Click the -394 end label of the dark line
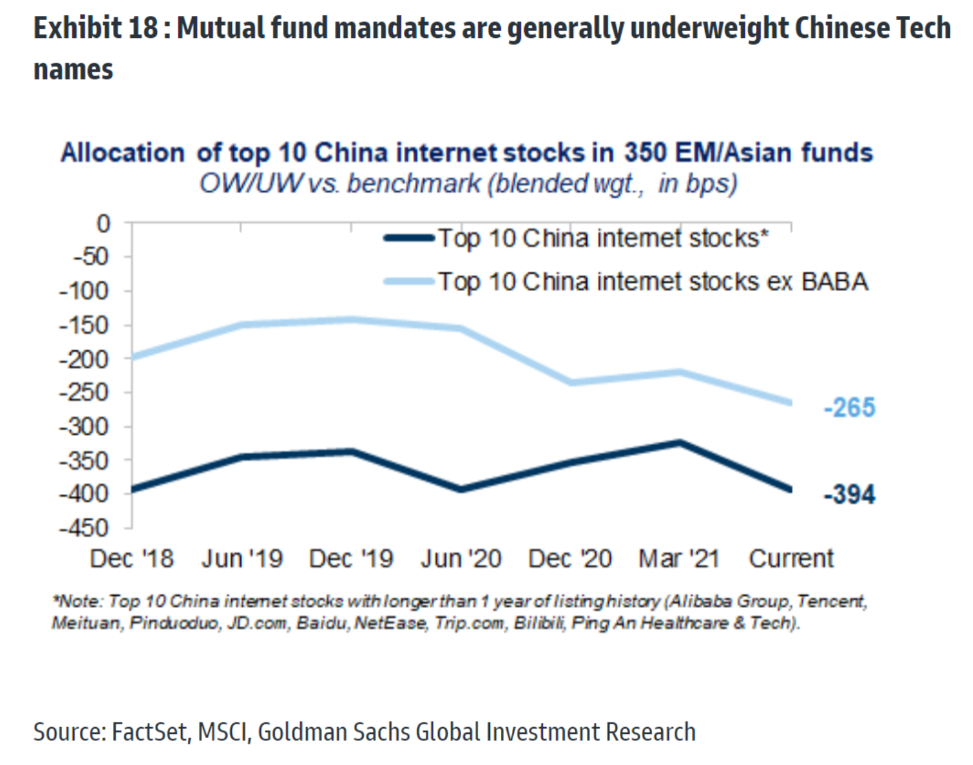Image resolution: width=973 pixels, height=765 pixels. (849, 494)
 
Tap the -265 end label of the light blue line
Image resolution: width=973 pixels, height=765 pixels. (849, 407)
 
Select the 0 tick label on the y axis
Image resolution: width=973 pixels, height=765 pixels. (104, 224)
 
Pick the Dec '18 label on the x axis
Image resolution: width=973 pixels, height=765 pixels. (131, 559)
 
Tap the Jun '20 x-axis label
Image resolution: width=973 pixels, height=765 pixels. (461, 559)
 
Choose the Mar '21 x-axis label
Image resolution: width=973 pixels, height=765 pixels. (679, 559)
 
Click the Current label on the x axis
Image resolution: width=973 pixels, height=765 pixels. (791, 559)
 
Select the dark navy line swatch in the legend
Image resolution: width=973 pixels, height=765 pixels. (409, 238)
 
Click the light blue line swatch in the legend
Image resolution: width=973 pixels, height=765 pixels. (409, 281)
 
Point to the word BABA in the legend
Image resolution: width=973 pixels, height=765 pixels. (835, 282)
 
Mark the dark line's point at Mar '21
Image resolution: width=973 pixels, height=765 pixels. (680, 442)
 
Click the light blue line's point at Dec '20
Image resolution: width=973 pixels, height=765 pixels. (571, 383)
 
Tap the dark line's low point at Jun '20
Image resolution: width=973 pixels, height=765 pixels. (461, 489)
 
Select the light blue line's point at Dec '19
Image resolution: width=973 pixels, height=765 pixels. (351, 319)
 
